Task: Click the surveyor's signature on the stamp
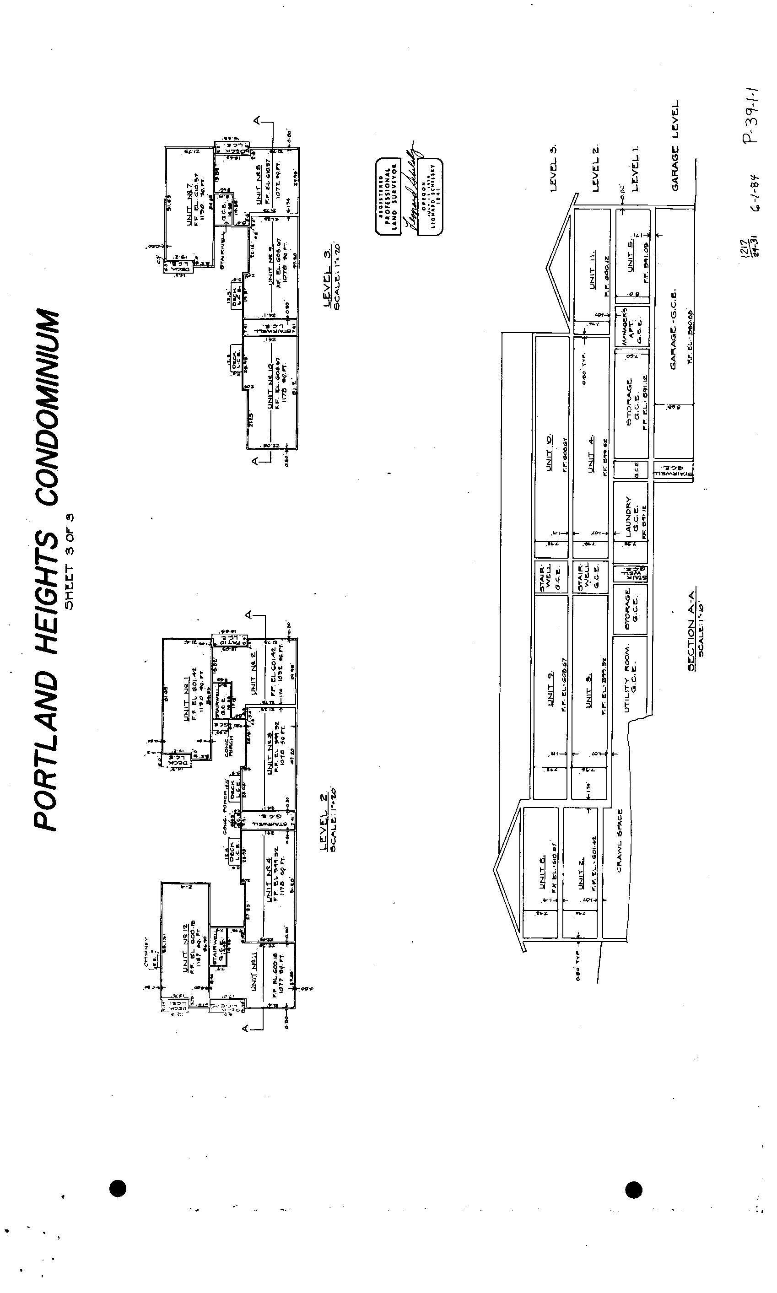[410, 189]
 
